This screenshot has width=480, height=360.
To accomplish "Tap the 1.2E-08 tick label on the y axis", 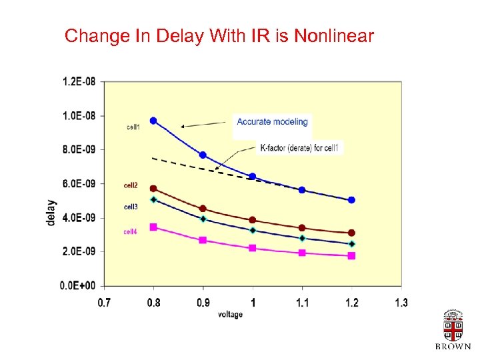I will (79, 81).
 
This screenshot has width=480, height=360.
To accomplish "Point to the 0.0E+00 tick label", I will (79, 285).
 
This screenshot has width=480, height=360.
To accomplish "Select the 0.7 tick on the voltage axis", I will (105, 303).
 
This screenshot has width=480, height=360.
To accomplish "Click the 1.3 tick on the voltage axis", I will (401, 303).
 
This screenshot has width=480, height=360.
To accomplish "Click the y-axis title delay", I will (52, 213).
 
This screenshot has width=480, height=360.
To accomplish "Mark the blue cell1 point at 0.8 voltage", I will (153, 121).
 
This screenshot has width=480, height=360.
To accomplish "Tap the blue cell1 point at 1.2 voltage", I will (351, 200).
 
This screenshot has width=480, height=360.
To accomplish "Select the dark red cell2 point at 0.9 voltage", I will (203, 209).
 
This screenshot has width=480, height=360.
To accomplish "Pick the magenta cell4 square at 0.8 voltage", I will (153, 227).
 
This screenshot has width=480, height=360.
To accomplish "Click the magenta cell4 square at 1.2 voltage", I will (351, 256).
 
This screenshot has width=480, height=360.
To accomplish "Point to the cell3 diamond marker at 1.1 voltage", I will (302, 238).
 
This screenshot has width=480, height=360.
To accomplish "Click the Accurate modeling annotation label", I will (272, 122).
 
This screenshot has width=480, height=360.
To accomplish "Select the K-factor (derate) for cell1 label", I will (299, 147).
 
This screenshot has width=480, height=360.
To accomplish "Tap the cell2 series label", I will (131, 185).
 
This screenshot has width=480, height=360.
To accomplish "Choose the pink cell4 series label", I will (131, 231).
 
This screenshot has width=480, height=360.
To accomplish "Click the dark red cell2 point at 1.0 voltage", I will (253, 220).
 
